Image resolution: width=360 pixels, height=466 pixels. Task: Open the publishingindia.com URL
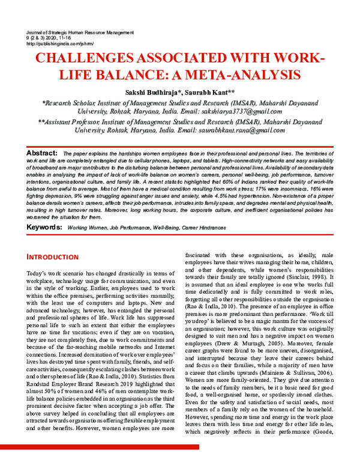click(56, 43)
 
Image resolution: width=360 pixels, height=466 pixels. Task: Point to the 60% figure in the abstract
click(239, 180)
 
